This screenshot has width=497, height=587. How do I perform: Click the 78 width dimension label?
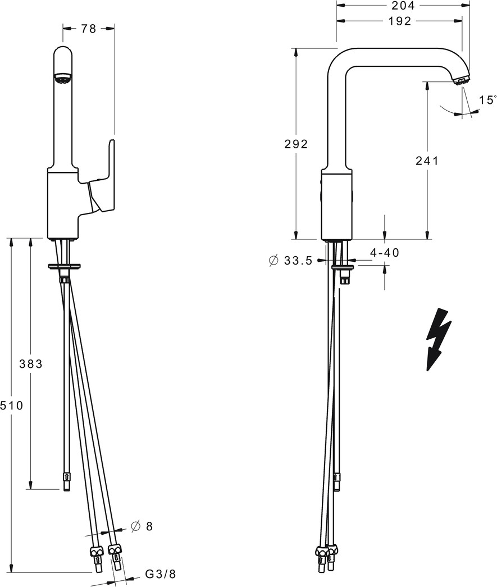[x=89, y=29]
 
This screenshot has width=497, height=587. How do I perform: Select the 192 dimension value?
[x=400, y=21]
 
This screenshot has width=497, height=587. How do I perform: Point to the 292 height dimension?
[x=295, y=144]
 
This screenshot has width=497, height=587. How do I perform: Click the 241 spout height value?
[x=427, y=161]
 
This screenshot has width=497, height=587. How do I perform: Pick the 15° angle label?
[x=487, y=100]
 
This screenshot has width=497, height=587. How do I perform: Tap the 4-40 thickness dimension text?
[x=384, y=253]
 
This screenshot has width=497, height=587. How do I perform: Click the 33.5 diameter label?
[x=298, y=261]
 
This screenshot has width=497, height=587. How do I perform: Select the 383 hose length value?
[x=31, y=363]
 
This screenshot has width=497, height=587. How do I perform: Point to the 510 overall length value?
[x=12, y=405]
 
